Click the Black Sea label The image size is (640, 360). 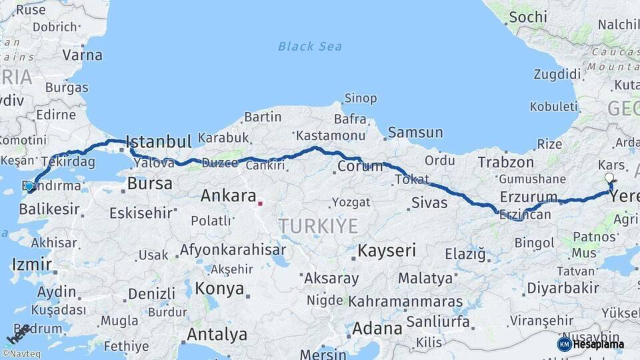[310, 46]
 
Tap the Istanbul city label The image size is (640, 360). [159, 141]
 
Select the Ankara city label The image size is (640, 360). [229, 196]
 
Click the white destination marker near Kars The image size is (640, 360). [609, 178]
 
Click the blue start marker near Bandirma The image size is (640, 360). [29, 186]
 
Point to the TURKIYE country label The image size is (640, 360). [319, 226]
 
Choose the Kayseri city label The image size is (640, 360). [387, 251]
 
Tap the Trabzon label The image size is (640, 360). [505, 162]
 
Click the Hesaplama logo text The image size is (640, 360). [598, 344]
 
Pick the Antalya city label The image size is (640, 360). [217, 334]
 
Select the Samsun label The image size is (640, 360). [415, 133]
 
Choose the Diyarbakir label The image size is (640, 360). [563, 288]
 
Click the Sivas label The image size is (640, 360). [429, 202]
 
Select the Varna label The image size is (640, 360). [82, 55]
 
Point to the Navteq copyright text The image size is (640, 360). [21, 354]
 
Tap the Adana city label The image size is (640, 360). [377, 329]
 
